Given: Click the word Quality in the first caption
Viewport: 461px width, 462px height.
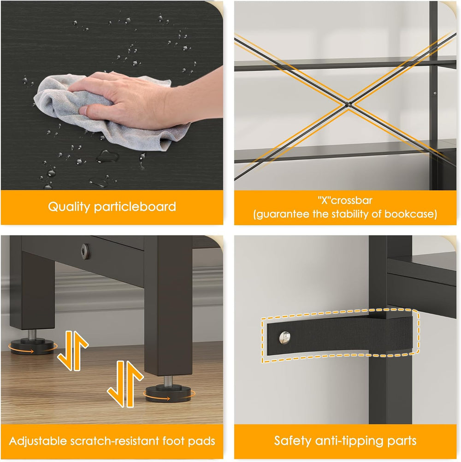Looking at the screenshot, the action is [69, 207].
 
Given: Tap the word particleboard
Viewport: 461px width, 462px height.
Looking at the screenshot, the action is [135, 206].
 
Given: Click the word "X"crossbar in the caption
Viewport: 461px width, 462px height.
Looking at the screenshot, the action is [345, 200].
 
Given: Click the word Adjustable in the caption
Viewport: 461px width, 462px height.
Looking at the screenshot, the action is [37, 441].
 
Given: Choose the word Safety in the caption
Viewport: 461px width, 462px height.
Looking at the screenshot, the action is [293, 441].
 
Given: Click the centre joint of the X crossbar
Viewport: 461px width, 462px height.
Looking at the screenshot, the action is [348, 104].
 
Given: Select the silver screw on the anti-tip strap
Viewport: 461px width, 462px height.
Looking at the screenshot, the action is [284, 337].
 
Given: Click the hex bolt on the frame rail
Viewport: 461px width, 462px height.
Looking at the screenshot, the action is [86, 251].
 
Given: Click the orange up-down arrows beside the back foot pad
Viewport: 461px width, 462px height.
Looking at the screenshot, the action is [73, 351].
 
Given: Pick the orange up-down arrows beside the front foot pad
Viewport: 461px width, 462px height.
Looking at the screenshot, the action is [125, 384].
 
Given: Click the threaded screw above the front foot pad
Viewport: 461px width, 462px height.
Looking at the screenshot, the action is [168, 380].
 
